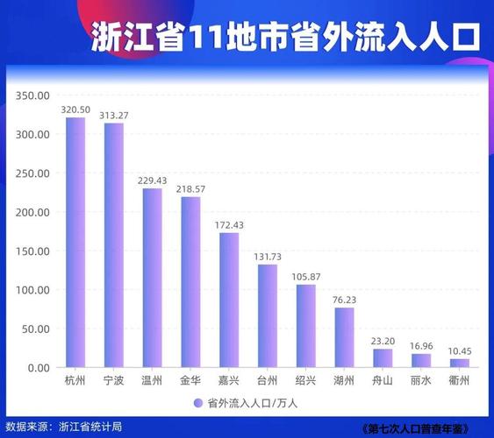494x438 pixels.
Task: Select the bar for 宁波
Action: click(114, 245)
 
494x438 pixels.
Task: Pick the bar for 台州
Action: click(267, 315)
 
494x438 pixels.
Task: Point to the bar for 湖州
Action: click(344, 337)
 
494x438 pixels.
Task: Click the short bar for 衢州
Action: click(459, 363)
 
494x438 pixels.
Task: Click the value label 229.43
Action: click(153, 180)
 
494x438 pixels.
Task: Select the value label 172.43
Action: click(229, 224)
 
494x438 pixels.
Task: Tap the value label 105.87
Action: click(305, 276)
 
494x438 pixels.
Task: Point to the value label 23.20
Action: click(383, 340)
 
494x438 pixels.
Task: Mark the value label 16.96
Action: click(421, 345)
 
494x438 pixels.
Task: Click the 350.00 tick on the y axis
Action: click(32, 95)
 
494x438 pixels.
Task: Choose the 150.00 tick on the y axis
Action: click(32, 251)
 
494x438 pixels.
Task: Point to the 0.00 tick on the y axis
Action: click(37, 368)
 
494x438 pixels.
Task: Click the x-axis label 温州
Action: click(153, 381)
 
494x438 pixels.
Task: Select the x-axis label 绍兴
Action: click(305, 381)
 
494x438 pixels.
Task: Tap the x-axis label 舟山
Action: click(383, 381)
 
